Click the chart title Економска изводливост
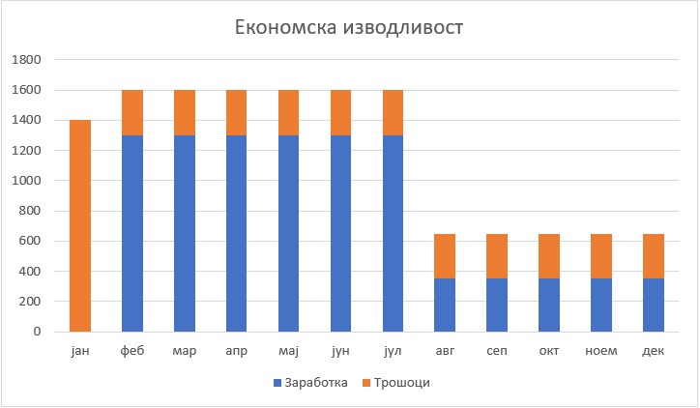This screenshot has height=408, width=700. (x=350, y=26)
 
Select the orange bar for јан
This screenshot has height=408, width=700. (x=80, y=225)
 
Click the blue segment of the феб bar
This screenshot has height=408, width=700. (x=132, y=233)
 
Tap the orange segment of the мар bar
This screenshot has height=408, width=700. (x=185, y=112)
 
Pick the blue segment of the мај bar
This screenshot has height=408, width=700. (x=289, y=233)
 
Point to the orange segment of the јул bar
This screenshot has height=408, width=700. (x=394, y=112)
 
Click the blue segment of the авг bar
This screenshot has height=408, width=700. (x=445, y=305)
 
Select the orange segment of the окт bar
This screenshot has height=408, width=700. (x=549, y=256)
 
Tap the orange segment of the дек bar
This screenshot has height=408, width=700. (x=654, y=256)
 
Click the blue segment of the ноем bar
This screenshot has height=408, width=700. (x=601, y=305)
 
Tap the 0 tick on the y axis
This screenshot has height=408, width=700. (x=37, y=332)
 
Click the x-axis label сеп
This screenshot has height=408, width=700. (x=497, y=350)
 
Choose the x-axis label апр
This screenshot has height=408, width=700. (x=237, y=350)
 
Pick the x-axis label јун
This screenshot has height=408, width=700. (x=341, y=350)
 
